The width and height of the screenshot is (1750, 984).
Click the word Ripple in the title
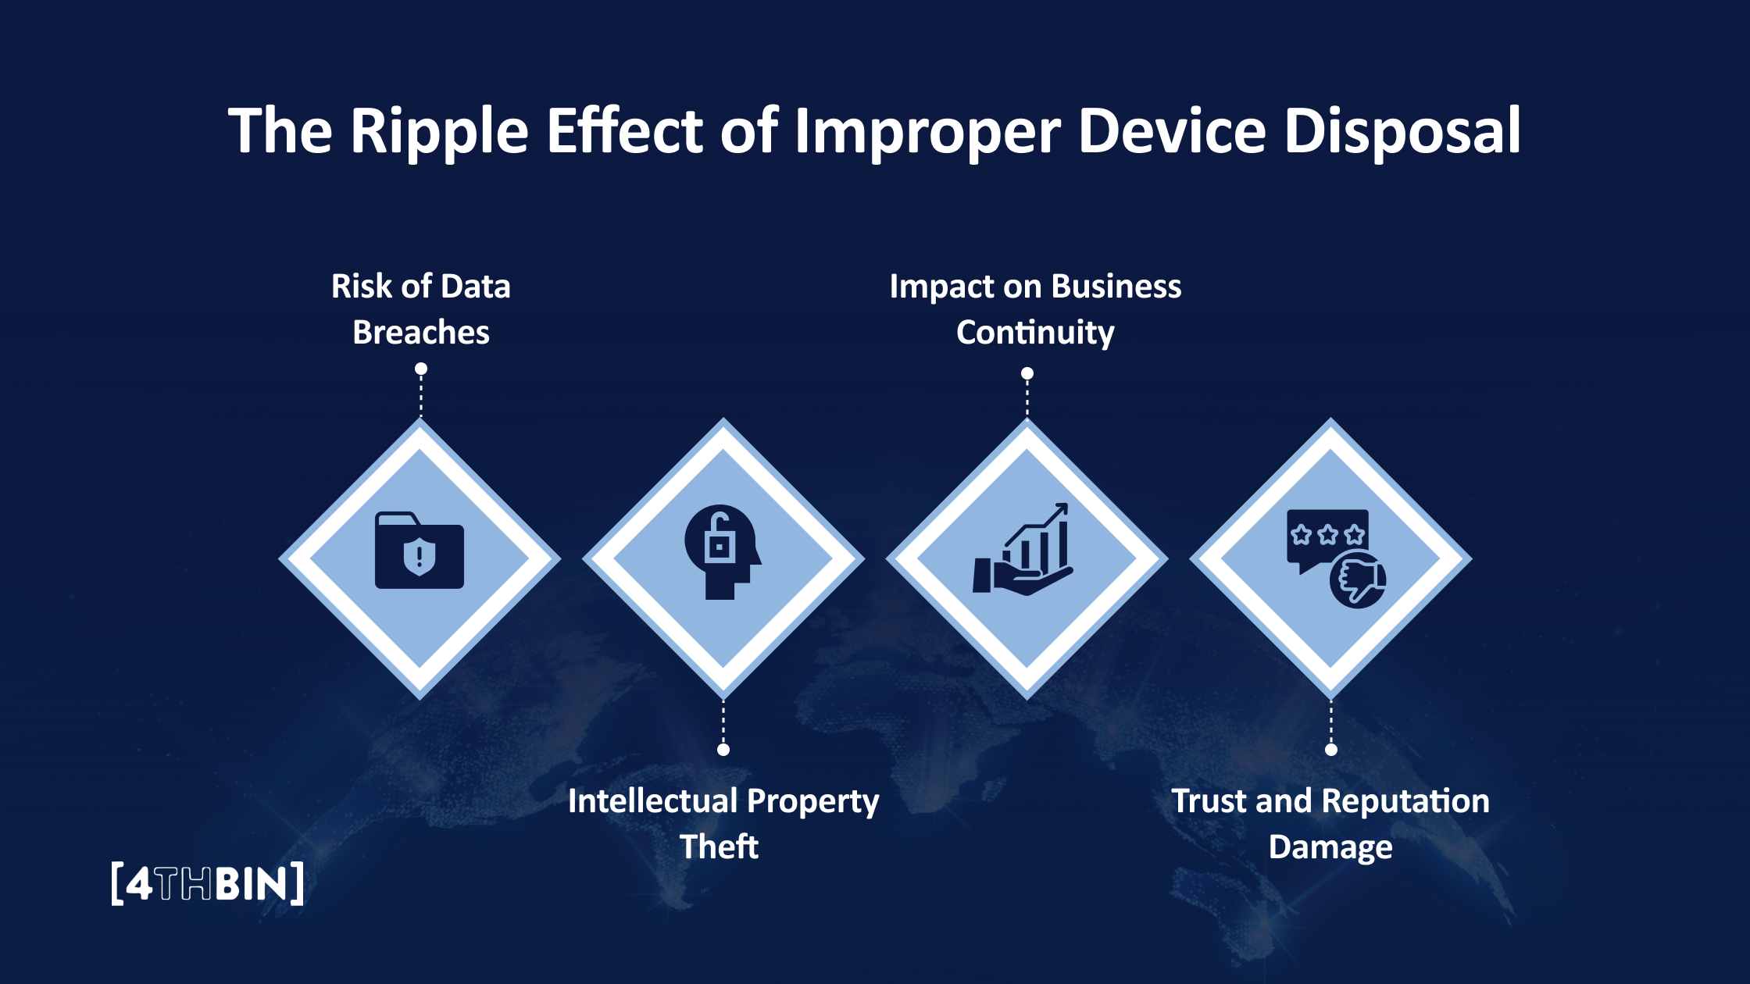click(439, 131)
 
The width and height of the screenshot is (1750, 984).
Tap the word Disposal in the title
click(1402, 131)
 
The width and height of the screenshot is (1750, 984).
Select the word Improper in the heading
click(927, 131)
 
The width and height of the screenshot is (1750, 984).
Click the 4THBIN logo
click(207, 884)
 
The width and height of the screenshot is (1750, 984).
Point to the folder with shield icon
click(420, 551)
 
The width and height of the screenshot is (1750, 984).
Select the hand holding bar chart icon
click(1023, 551)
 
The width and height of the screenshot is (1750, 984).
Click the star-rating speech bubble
click(1327, 536)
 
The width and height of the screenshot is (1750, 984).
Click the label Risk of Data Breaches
click(421, 309)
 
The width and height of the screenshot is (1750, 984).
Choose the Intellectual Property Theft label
click(723, 823)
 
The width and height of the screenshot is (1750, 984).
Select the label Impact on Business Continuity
click(1035, 309)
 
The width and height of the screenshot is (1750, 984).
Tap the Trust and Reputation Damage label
click(1330, 823)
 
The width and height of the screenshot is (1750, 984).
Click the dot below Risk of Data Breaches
click(421, 369)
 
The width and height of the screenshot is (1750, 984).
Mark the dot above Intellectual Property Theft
click(723, 750)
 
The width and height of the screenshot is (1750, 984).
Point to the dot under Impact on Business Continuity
click(1027, 373)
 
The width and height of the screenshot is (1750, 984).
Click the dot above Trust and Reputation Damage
click(1331, 750)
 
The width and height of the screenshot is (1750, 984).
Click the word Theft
click(719, 847)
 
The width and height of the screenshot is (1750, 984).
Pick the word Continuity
click(1035, 333)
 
